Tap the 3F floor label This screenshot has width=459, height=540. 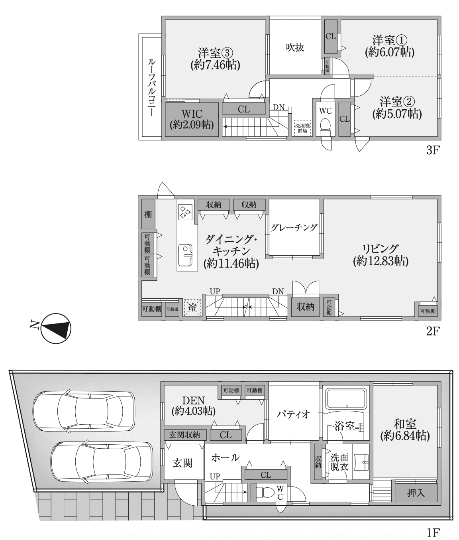(433, 150)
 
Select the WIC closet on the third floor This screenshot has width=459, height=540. (192, 119)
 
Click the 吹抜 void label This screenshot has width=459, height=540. (295, 47)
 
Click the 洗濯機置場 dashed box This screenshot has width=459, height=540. (303, 128)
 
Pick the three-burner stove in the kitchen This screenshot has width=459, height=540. (185, 212)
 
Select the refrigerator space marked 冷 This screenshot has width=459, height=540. (192, 307)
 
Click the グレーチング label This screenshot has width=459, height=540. (294, 228)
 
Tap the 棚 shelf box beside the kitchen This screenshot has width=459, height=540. (148, 214)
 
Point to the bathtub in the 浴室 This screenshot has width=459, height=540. (346, 399)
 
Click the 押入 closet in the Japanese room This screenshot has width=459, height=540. (416, 493)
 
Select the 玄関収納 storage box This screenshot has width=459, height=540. (185, 435)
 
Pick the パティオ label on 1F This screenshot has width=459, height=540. (294, 414)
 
